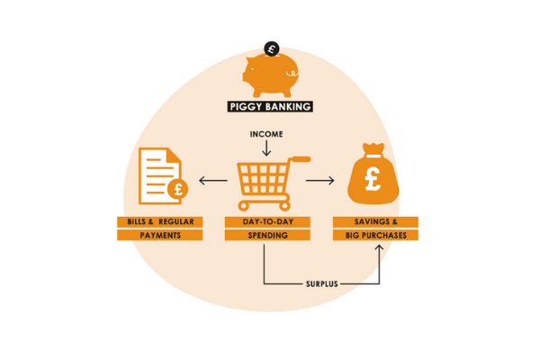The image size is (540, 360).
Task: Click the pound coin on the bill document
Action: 176,191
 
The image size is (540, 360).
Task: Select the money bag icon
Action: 373,175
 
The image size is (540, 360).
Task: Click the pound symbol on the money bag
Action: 373,180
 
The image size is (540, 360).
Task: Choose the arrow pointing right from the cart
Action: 320,181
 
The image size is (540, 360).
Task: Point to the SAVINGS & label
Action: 375,221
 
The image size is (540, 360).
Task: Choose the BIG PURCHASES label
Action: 375,236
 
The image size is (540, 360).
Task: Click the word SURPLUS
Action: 321,284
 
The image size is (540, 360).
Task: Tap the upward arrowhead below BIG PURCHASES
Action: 377,248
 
